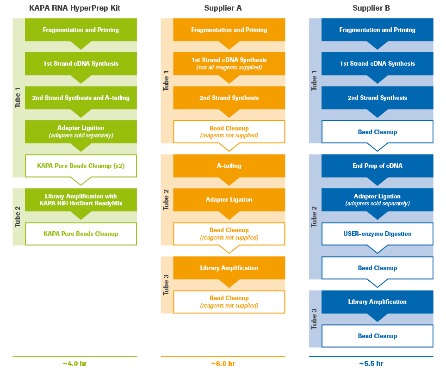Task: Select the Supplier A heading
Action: tap(223, 8)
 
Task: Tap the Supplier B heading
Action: tap(371, 8)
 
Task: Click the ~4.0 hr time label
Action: tap(74, 364)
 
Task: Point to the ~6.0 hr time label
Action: tap(223, 364)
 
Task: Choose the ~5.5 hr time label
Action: tap(371, 364)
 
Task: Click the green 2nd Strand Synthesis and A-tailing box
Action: tap(81, 98)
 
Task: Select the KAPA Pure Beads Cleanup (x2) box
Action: tap(81, 166)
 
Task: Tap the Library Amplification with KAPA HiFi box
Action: tap(81, 200)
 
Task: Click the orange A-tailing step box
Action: tap(229, 166)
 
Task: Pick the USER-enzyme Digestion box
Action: tap(378, 234)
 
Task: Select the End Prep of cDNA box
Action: tap(378, 166)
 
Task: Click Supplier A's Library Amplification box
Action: tap(229, 268)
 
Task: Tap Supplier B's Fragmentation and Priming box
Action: tap(378, 30)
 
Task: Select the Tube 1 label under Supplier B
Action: tap(315, 81)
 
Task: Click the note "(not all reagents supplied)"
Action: tap(229, 68)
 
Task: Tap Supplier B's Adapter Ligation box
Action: tap(378, 199)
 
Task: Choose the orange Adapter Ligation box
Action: tap(229, 200)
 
